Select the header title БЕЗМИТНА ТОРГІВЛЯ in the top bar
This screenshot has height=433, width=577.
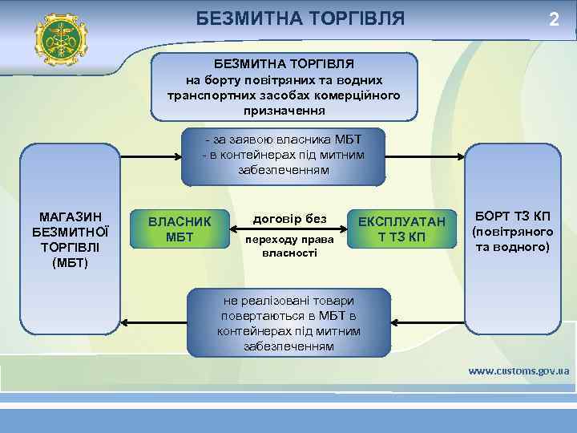click(301, 18)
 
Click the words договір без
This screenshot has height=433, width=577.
click(289, 218)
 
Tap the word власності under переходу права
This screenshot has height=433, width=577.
click(289, 253)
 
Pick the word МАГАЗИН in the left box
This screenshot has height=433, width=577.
click(70, 216)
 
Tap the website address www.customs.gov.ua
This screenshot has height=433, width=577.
click(518, 370)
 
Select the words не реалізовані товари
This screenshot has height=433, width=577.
click(288, 301)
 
